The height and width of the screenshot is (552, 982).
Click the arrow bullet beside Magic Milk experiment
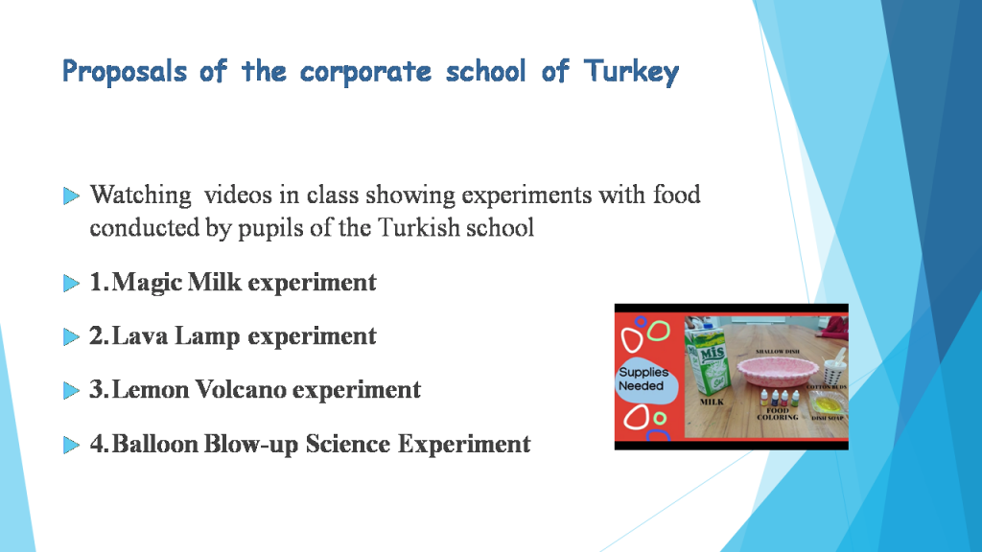tap(71, 284)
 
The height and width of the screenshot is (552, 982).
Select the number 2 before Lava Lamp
tap(96, 336)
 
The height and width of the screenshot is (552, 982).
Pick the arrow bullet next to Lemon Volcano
tap(71, 391)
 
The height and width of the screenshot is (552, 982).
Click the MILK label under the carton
tap(712, 403)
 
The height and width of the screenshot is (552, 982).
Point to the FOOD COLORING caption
tap(778, 414)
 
